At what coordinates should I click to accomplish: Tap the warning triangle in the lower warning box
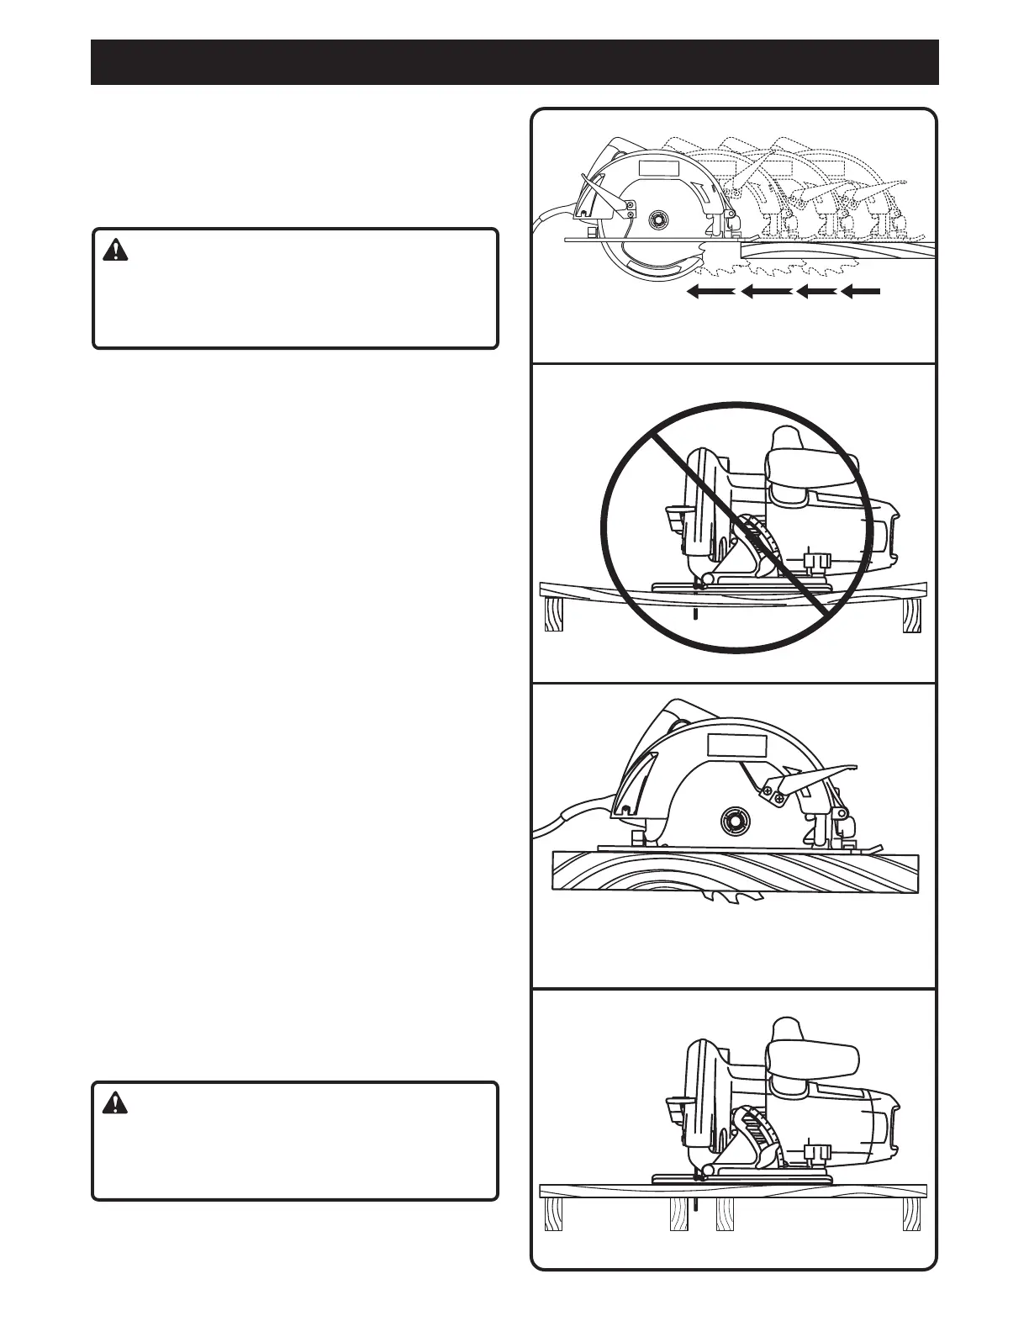coord(114,1102)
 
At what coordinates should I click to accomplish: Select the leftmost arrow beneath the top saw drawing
coord(710,292)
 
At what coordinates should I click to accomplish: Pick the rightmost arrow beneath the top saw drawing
coord(861,292)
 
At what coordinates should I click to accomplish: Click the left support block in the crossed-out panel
coord(553,614)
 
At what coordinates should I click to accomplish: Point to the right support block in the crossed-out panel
coord(911,615)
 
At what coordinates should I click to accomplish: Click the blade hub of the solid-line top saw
coord(657,218)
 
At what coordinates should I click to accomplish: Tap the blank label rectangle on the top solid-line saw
coord(658,166)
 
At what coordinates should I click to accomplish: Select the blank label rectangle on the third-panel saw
coord(736,745)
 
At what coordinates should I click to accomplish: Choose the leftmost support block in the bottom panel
coord(553,1213)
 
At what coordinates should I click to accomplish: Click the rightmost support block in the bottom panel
coord(911,1213)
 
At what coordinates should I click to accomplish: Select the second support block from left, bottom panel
coord(678,1213)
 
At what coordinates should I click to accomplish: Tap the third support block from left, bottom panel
coord(725,1213)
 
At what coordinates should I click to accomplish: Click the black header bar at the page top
coord(514,61)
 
